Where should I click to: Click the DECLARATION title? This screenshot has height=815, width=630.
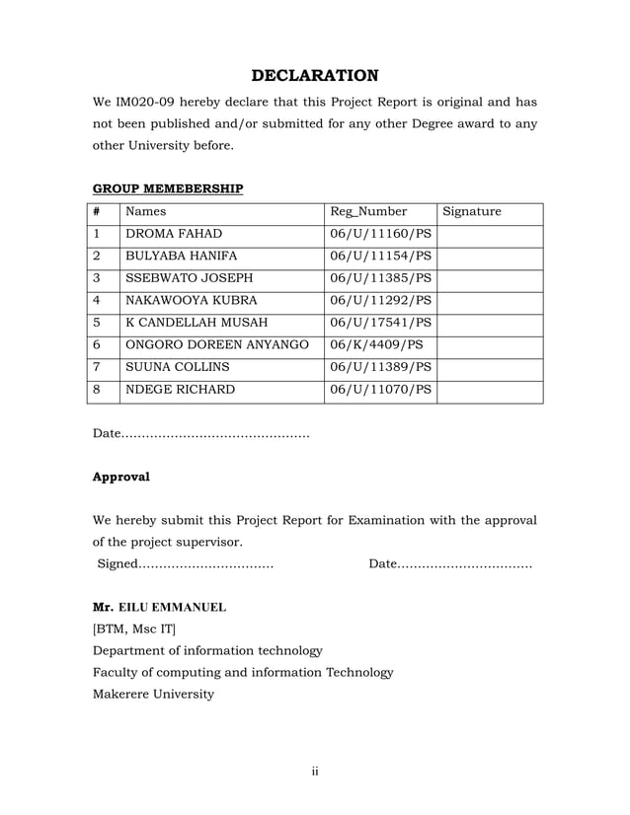pos(314,76)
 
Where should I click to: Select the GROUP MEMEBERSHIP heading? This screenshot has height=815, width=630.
pos(167,188)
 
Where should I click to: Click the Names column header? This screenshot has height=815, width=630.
pos(145,212)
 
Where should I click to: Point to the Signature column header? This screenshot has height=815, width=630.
pos(472,212)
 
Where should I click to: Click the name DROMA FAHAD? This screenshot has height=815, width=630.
pos(174,235)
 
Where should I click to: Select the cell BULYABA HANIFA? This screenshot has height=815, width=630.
pos(182,257)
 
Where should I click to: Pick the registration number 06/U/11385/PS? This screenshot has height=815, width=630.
pos(380,278)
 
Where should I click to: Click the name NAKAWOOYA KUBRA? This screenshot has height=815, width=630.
pos(191,301)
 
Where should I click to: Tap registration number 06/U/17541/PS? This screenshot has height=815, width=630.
pos(380,323)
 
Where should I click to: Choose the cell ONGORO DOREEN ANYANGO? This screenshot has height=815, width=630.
pos(216,345)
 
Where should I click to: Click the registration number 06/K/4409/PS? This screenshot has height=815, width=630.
pos(376,345)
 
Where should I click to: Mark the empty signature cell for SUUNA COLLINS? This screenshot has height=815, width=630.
pos(490,367)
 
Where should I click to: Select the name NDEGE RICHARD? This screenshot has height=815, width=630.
pos(180,390)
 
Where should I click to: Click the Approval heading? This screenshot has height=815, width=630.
pos(120,477)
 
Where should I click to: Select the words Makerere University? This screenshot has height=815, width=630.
pos(153,694)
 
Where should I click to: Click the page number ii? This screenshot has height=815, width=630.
pos(315,771)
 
